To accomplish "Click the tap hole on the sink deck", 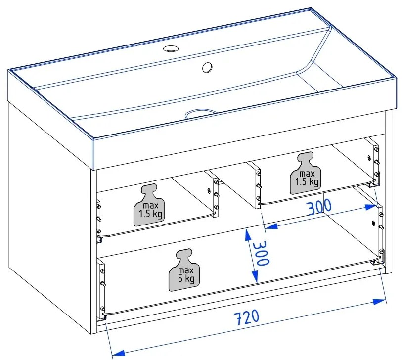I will tap(172, 48).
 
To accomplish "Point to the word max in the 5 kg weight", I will tap(185, 270).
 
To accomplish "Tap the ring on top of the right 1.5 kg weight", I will tap(304, 158).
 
